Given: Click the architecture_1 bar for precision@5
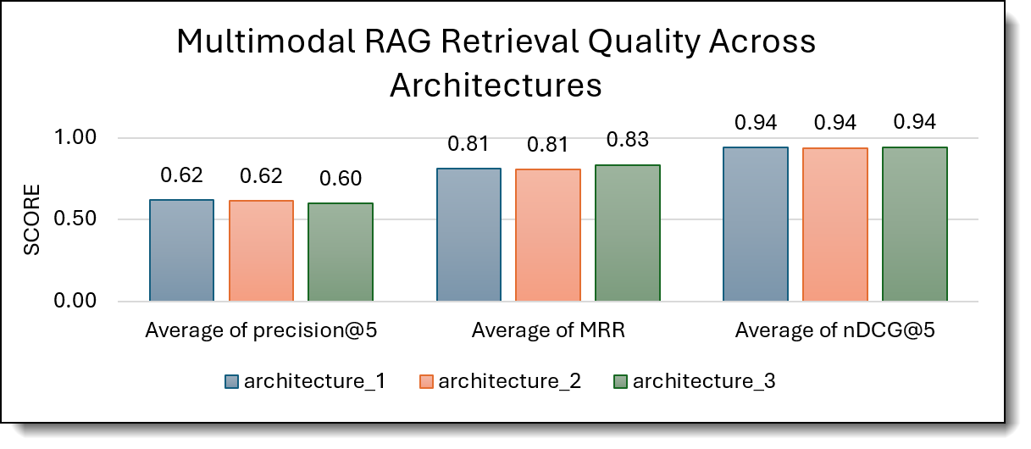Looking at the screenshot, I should [x=181, y=251].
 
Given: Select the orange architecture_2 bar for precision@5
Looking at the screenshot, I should [x=261, y=251].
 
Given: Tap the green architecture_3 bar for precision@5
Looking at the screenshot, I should [x=341, y=252].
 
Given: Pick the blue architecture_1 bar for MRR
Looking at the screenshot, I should [x=468, y=235].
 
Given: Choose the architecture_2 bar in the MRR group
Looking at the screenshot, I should [x=548, y=236].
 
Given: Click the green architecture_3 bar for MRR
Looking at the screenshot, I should [x=628, y=233].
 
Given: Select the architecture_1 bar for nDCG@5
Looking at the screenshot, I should [x=756, y=224].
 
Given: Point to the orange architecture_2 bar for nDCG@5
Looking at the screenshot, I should [x=835, y=224].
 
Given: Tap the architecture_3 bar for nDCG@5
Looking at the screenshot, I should [x=915, y=224].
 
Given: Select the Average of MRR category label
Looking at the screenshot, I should [x=548, y=330].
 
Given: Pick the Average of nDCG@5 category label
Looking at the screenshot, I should [x=835, y=330].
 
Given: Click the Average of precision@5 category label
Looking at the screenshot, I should [x=261, y=330].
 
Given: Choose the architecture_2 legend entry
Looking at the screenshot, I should [x=500, y=381].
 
